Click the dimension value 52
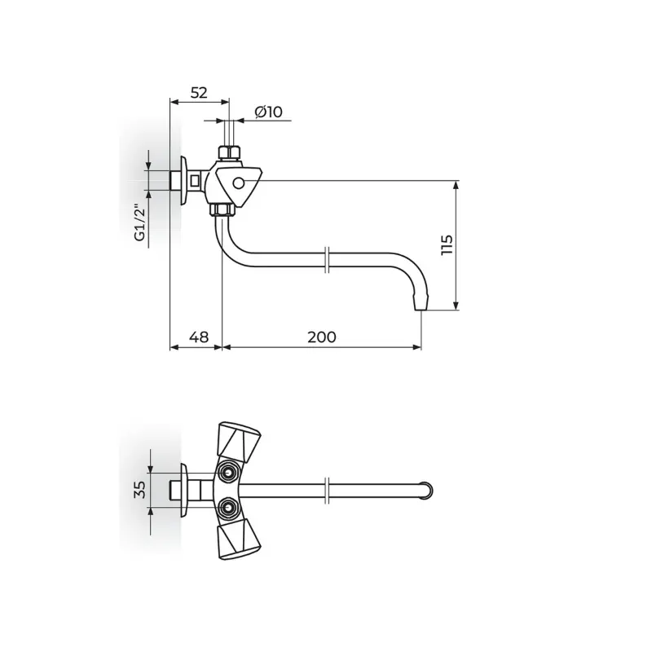199,92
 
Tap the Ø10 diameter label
268,112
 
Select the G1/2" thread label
140,222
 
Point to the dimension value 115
446,245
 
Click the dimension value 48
199,337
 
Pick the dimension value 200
322,337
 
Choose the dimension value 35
140,490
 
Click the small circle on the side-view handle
238,183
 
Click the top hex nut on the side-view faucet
229,152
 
